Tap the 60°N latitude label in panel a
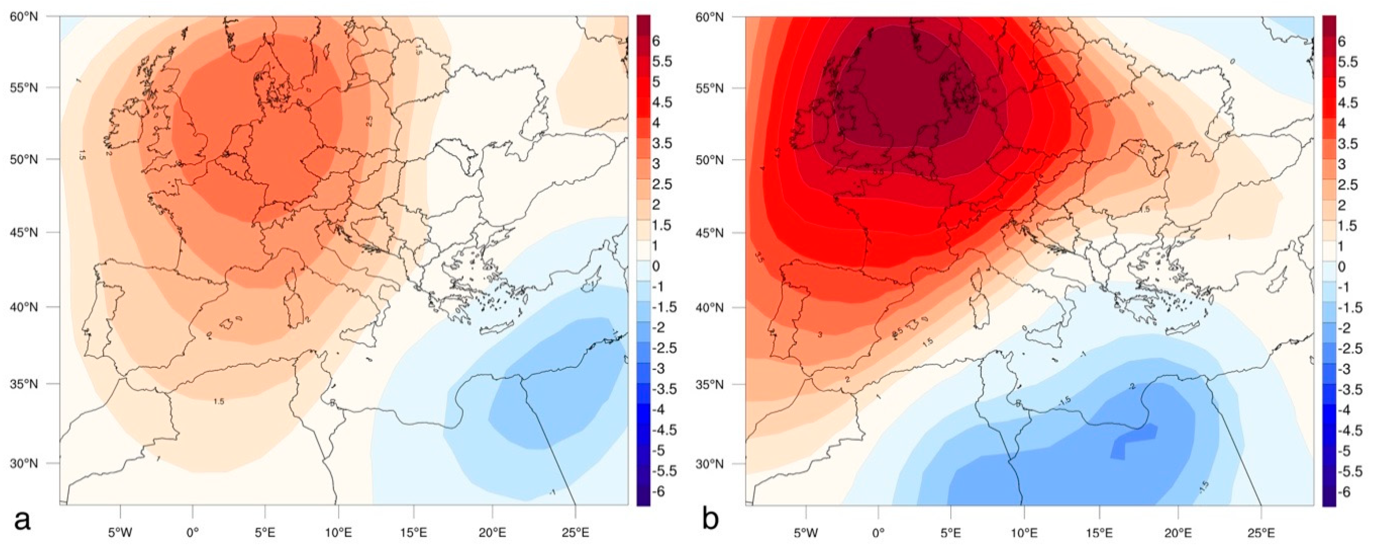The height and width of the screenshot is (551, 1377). coord(24,17)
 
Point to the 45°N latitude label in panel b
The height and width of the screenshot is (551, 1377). coord(710,233)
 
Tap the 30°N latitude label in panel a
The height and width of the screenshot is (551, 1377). coord(24,463)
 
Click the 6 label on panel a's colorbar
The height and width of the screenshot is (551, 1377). coord(655,41)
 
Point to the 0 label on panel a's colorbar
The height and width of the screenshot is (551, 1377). coord(656,266)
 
